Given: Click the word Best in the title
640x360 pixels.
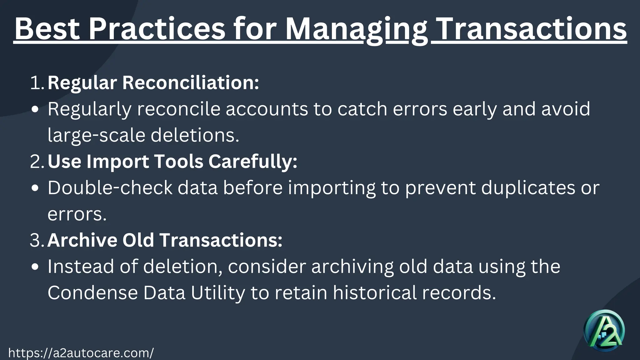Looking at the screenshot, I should [x=47, y=29].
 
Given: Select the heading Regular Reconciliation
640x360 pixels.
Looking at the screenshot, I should [x=153, y=83].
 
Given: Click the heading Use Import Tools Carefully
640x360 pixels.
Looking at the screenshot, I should [x=172, y=162].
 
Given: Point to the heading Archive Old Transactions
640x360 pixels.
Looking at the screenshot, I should [x=165, y=240].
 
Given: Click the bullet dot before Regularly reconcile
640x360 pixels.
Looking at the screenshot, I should [x=35, y=110].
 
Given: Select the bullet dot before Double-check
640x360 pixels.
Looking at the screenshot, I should [x=35, y=188].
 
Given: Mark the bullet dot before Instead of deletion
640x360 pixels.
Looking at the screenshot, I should [x=35, y=267].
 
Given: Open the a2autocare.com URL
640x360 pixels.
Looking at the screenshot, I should [x=81, y=353].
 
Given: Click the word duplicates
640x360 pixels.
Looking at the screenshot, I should [x=528, y=188].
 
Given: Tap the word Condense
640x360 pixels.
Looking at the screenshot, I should [x=92, y=293].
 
